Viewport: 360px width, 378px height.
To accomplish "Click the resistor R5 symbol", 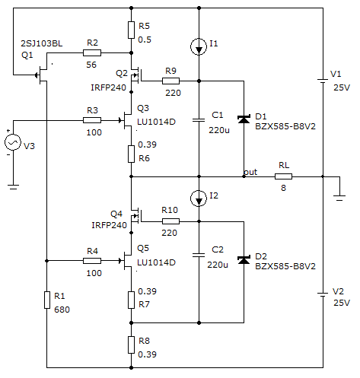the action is coord(131,30).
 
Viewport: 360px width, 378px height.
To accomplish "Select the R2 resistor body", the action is coord(92,53).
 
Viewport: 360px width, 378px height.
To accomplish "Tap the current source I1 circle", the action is coord(199,46).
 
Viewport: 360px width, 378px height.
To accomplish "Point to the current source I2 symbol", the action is coord(199,199).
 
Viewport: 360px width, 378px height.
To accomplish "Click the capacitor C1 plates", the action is coord(199,120).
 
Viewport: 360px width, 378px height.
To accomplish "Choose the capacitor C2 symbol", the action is coord(199,255).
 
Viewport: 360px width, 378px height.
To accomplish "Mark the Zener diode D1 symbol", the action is coord(244,119).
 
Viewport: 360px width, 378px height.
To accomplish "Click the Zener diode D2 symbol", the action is coord(244,260).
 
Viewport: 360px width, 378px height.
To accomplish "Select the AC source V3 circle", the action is coord(13,142).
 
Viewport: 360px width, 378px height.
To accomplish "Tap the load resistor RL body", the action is coord(283,176).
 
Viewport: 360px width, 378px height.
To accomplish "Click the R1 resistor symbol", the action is coord(47,300).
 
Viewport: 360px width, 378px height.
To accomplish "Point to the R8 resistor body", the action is coord(131,345).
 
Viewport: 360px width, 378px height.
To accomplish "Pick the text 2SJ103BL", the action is coord(42,43).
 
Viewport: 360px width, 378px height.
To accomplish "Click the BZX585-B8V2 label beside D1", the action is coord(285,126).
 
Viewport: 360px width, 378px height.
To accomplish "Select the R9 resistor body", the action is coord(170,81).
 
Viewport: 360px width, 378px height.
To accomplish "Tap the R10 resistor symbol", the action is coord(170,221).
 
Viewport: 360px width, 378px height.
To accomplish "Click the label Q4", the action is coord(116,214).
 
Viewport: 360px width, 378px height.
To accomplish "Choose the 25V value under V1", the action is coord(342,87).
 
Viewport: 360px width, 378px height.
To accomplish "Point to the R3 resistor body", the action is coord(92,120).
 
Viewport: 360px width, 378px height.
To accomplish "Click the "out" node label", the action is coord(250,172).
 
